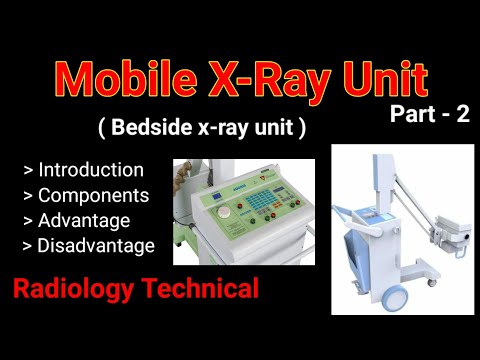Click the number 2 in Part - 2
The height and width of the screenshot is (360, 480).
point(461,114)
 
